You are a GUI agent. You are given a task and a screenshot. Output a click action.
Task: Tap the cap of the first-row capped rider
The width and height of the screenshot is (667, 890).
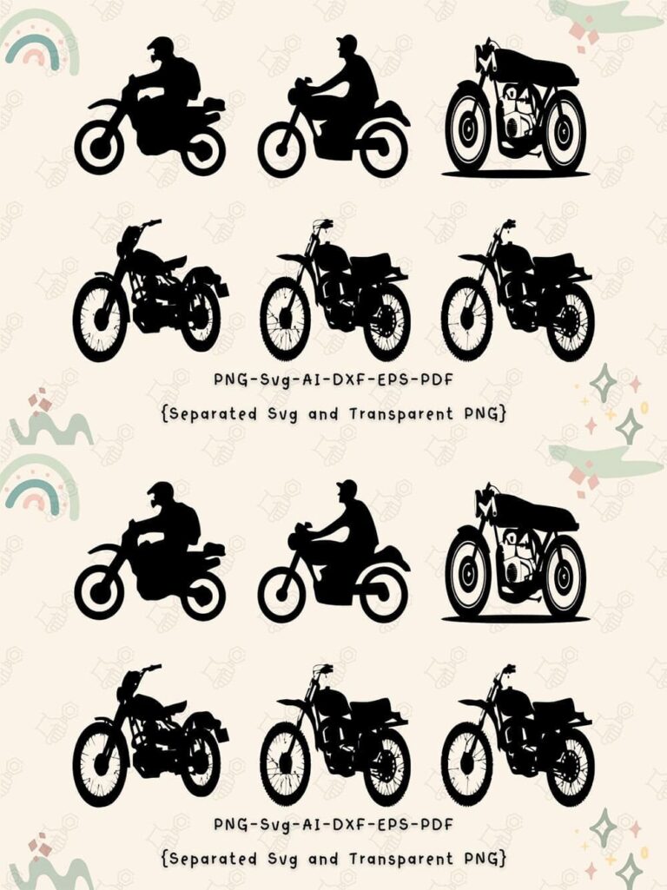(347, 41)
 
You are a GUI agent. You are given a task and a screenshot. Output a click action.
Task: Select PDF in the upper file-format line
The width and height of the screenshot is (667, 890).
(438, 379)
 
